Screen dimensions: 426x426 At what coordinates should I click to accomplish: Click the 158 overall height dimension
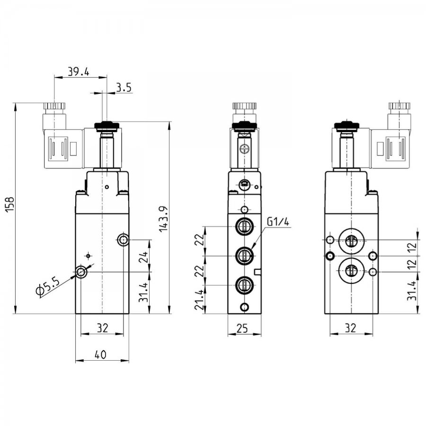pos(10,204)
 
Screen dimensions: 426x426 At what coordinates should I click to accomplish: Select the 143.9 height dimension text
pos(164,219)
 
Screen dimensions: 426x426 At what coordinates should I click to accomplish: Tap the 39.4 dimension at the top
pos(78,72)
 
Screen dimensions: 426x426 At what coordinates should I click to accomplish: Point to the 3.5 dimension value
pos(124,88)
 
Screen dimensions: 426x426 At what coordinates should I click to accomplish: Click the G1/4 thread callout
pos(278,222)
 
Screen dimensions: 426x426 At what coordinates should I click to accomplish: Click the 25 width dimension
pos(242,328)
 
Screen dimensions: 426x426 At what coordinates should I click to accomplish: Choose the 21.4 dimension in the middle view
pos(199,300)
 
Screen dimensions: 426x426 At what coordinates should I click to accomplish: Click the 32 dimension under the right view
pos(350,328)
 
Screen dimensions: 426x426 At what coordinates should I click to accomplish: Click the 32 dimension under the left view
pos(102,328)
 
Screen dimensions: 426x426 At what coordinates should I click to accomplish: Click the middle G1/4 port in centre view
pos(244,256)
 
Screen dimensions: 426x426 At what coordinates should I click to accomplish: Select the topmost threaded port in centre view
pos(244,226)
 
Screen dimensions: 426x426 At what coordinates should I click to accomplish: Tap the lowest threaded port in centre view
pos(244,285)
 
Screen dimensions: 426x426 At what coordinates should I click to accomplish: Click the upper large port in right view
pos(351,240)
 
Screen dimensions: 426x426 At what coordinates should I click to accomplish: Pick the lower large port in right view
pos(351,271)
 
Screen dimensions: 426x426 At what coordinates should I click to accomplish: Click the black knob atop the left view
pos(107,125)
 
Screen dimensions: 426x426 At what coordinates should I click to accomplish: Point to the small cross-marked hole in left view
pos(88,256)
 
